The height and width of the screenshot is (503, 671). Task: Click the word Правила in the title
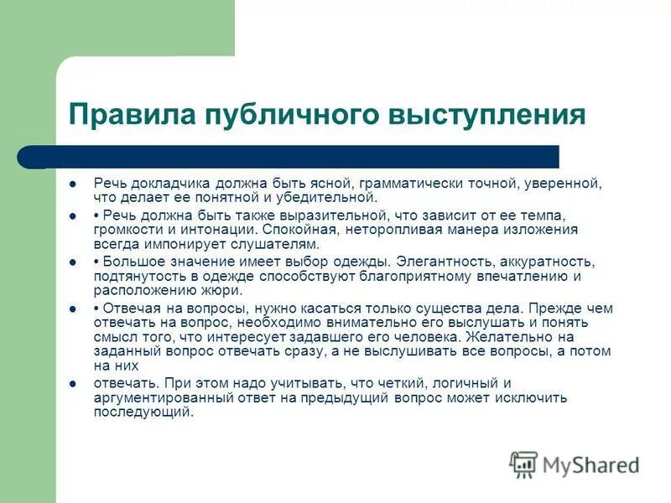[x=132, y=114]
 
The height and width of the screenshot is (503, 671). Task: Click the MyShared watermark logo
[x=575, y=463]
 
